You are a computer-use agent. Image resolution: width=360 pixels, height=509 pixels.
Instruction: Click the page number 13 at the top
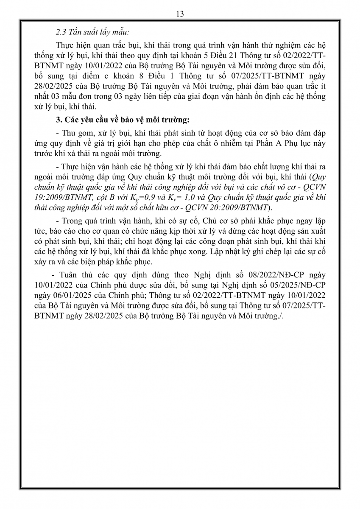click(x=179, y=14)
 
